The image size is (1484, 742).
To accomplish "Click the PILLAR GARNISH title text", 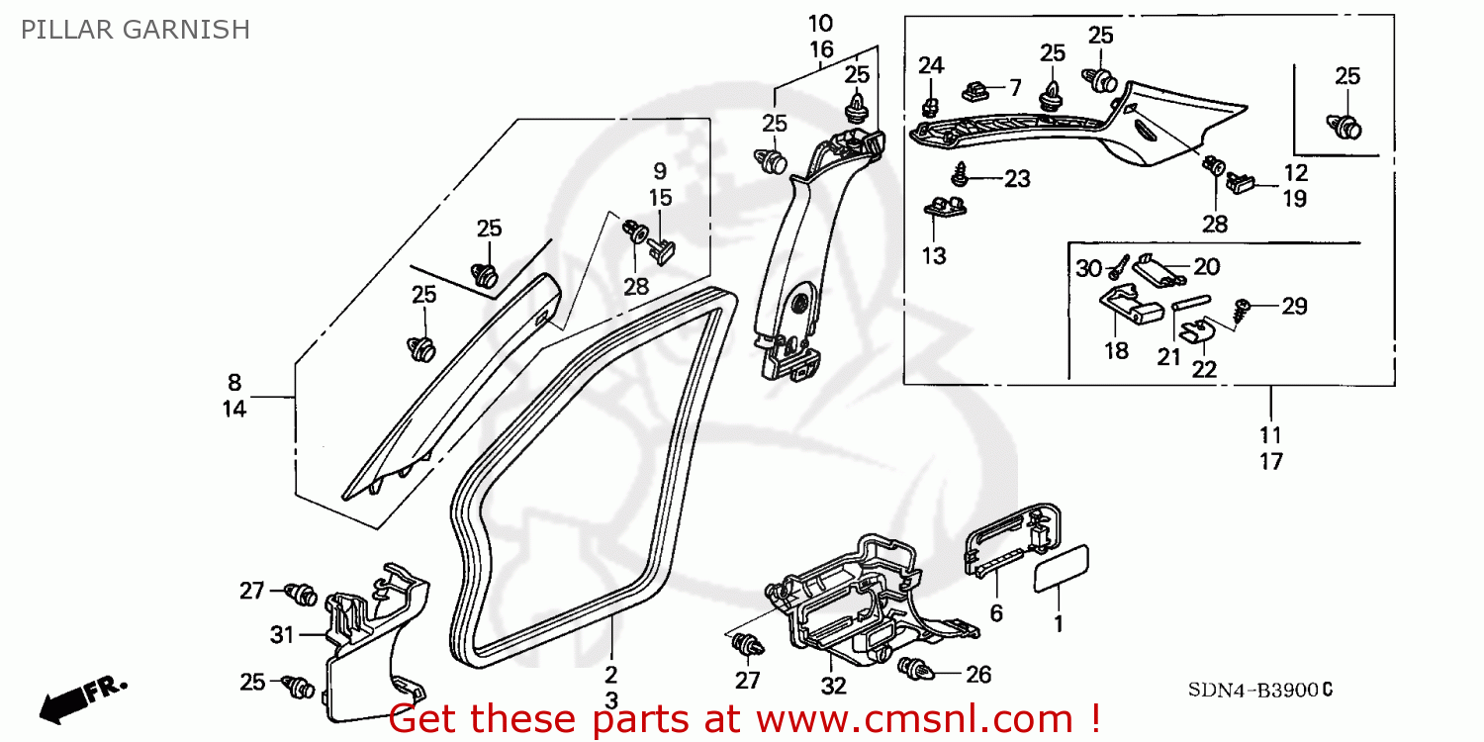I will click(x=135, y=30).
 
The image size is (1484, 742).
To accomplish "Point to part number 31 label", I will click(x=282, y=635).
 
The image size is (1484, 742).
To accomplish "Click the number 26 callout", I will click(x=977, y=675).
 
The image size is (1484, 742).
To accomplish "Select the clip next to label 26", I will click(x=916, y=671).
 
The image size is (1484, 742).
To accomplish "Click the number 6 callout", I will click(x=996, y=614).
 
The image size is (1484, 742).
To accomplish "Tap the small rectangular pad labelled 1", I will click(x=1064, y=567).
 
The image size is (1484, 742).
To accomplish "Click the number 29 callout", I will click(x=1294, y=307).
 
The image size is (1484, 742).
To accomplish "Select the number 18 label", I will click(x=1116, y=351).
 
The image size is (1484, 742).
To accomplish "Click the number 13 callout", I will click(x=934, y=256).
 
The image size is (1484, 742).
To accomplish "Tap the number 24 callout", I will click(x=931, y=66).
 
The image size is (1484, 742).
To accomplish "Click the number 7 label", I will click(x=1014, y=87).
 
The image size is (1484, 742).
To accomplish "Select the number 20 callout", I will click(x=1206, y=266).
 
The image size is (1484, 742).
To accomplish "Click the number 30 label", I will click(x=1088, y=268).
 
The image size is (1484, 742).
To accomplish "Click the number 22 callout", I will click(x=1204, y=368).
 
